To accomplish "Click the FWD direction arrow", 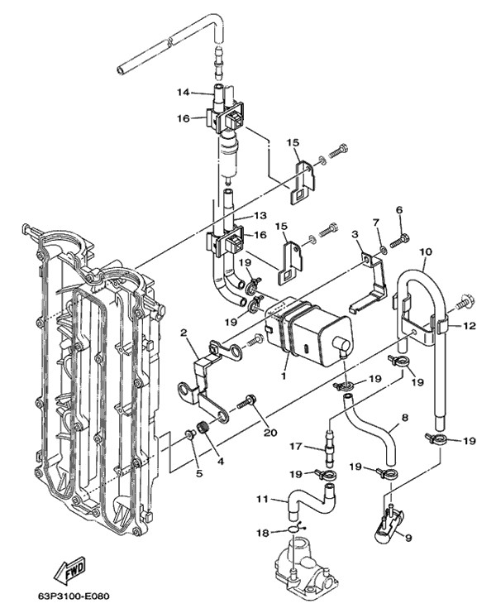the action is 70,570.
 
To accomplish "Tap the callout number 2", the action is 184,333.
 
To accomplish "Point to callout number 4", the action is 220,462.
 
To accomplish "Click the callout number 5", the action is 199,473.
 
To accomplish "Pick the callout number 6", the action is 398,210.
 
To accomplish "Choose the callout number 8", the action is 404,418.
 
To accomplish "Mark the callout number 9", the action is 408,538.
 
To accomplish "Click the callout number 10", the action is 426,252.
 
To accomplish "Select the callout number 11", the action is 262,499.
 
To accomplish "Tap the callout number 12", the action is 469,325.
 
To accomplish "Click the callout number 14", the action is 183,93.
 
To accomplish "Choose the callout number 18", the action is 263,533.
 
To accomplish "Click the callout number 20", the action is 270,433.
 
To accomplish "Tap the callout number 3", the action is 355,234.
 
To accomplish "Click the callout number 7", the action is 375,223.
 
